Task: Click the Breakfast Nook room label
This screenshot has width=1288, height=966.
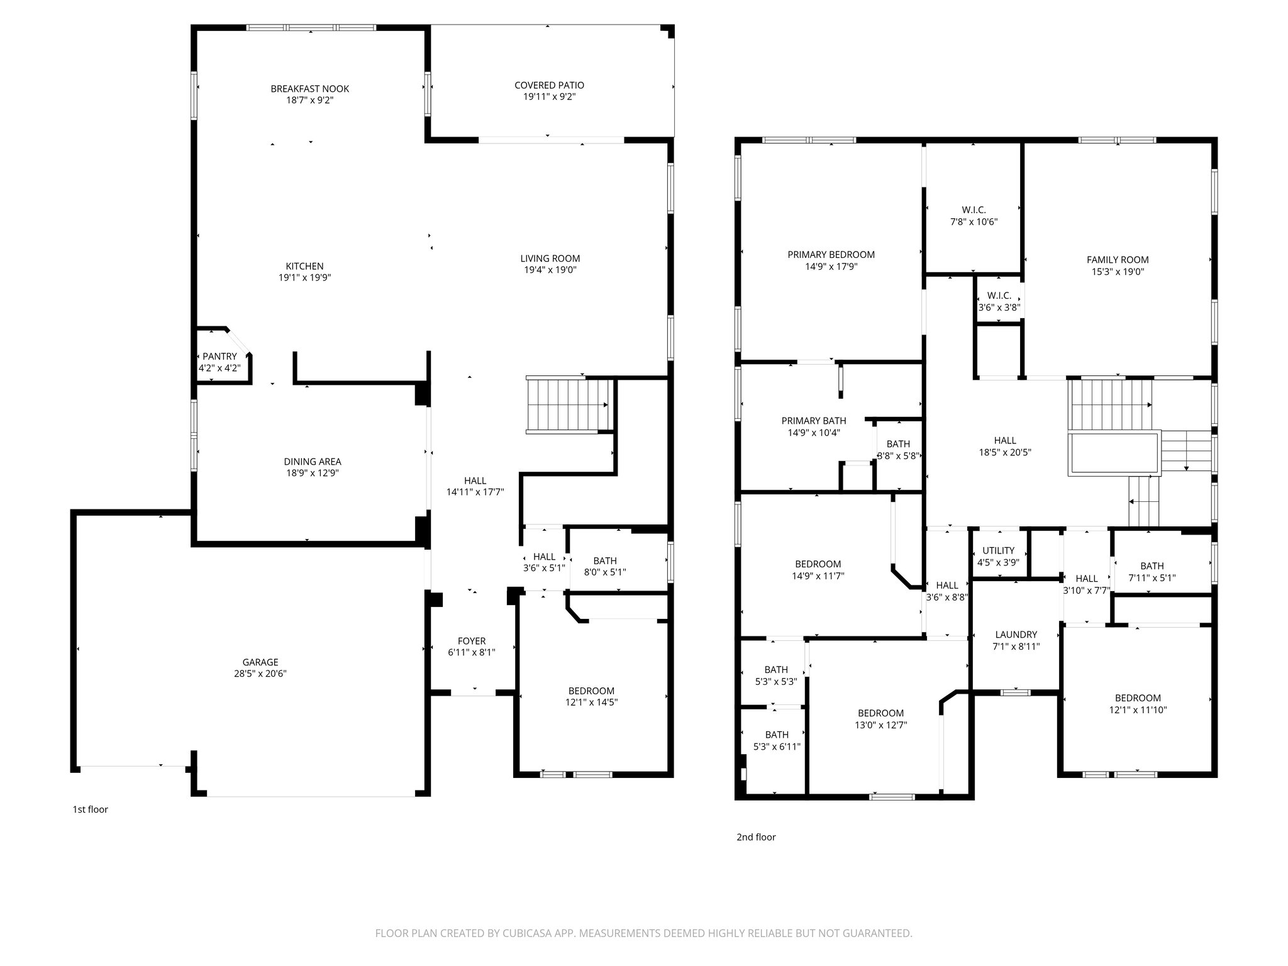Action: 309,89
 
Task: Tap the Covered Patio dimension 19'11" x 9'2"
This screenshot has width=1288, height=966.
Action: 549,97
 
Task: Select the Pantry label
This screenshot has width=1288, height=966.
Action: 219,357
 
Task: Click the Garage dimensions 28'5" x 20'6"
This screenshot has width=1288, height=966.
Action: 260,674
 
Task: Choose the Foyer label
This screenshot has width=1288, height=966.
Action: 472,641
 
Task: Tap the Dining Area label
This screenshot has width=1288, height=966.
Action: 312,462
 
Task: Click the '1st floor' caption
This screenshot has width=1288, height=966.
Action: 90,809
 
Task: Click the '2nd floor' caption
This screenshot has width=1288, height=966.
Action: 756,837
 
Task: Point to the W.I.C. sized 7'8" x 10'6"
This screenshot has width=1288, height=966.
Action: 974,216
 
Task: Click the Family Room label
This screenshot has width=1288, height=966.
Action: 1118,260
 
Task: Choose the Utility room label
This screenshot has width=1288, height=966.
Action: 998,551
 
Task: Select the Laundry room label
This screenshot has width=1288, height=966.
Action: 1016,635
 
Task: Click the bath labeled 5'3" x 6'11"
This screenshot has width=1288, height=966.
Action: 777,741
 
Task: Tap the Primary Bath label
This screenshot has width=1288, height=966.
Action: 814,421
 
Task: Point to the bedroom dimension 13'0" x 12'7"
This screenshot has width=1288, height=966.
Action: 880,724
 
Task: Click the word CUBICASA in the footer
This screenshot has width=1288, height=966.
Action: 515,933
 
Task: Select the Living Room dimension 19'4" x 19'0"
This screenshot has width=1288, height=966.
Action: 550,270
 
